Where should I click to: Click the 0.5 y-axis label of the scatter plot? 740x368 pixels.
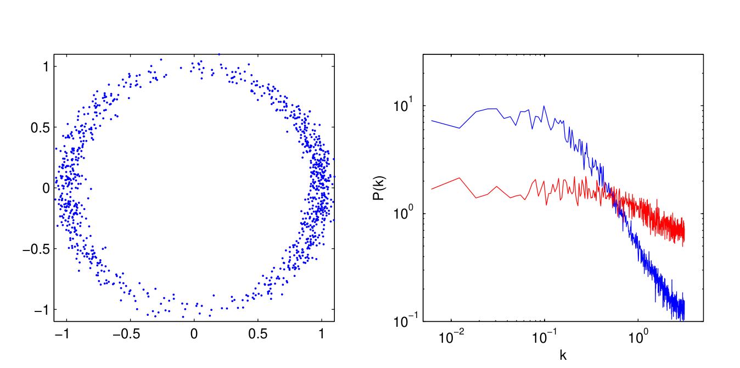point(39,127)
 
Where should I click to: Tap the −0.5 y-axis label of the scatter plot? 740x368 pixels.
point(36,249)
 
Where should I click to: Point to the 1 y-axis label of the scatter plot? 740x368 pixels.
point(46,66)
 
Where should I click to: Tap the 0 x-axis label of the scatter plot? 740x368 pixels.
point(194,333)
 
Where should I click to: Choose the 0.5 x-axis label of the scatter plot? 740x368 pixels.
point(257,333)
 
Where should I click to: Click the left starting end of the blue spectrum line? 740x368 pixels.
point(431,120)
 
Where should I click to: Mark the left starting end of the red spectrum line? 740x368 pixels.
point(431,189)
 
